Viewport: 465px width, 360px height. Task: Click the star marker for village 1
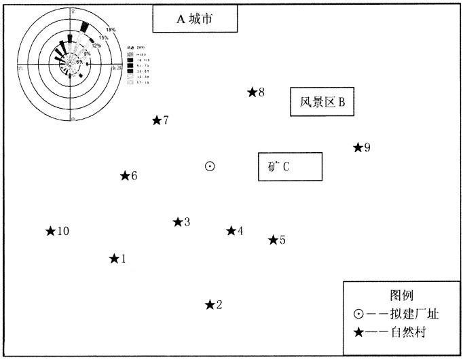click(114, 259)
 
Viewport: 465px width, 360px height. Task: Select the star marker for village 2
click(210, 304)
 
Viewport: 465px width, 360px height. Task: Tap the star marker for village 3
click(178, 222)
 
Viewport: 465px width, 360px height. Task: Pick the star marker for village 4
click(231, 231)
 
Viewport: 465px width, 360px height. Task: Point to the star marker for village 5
click(273, 240)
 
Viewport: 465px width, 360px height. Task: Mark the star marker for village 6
click(125, 176)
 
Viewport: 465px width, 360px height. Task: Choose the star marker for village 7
click(157, 120)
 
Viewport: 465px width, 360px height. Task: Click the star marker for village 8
click(252, 92)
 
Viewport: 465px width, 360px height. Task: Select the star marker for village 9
click(358, 147)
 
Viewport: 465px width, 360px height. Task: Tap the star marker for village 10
click(50, 231)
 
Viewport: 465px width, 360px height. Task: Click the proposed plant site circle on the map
click(210, 166)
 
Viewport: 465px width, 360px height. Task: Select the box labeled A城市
click(195, 20)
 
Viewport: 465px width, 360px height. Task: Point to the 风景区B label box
click(322, 103)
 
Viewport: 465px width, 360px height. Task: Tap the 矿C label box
click(290, 166)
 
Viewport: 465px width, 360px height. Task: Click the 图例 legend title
click(398, 296)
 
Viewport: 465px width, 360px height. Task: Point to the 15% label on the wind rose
click(103, 38)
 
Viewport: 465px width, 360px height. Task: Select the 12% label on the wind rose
click(96, 46)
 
